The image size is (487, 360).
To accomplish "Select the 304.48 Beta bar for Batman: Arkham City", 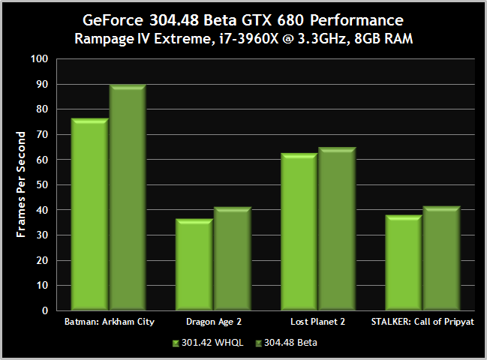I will [128, 197].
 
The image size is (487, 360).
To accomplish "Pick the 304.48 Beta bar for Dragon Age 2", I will [233, 259].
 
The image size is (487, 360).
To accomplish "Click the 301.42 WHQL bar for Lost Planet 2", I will [299, 231].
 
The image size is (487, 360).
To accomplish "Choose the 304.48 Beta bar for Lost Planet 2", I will [337, 228].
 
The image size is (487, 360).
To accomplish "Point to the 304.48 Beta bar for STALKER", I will [442, 258].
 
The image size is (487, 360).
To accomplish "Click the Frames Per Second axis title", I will [22, 184].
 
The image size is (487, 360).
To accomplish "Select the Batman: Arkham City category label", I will [109, 323].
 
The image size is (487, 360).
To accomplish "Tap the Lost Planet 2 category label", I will [318, 323].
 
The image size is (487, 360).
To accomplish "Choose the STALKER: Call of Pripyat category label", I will [423, 323].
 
